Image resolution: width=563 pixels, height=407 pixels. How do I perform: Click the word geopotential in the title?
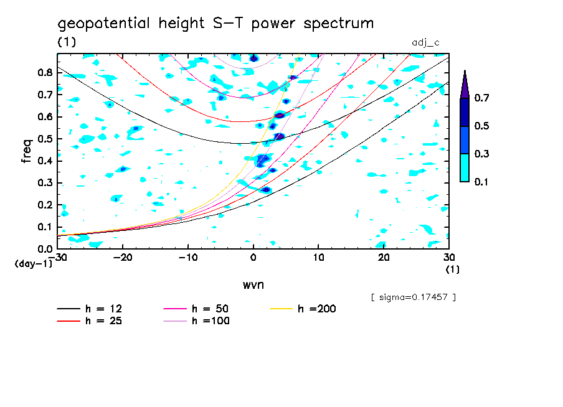pyautogui.click(x=104, y=24)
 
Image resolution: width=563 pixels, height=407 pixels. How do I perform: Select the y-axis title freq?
pyautogui.click(x=27, y=151)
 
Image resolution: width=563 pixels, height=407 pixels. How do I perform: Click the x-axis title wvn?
pyautogui.click(x=253, y=284)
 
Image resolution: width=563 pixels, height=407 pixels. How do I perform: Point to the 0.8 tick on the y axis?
pyautogui.click(x=45, y=72)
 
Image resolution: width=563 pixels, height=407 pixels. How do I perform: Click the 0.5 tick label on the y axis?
pyautogui.click(x=45, y=139)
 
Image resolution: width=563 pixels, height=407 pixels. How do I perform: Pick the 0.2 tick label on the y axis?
pyautogui.click(x=45, y=205)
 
